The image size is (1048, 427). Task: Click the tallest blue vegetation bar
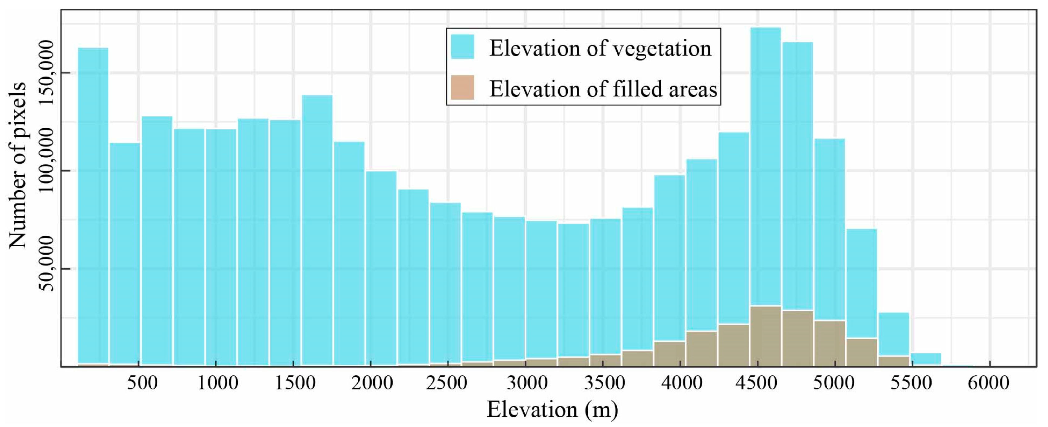click(765, 163)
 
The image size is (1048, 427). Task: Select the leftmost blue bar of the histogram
click(93, 204)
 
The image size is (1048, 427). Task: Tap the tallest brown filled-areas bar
click(765, 336)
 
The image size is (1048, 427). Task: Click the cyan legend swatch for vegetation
click(463, 47)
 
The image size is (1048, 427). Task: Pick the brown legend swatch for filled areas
click(463, 87)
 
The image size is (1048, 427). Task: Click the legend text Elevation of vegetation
click(600, 48)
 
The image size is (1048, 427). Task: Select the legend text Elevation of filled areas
click(603, 88)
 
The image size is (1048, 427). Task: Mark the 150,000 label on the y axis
click(48, 72)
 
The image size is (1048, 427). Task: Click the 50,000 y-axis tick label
click(48, 269)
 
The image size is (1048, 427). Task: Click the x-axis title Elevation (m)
click(552, 410)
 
